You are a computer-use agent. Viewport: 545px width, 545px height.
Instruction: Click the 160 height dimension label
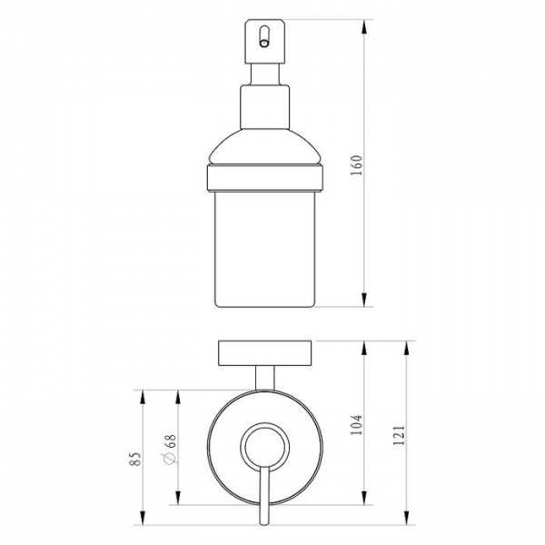click(x=357, y=165)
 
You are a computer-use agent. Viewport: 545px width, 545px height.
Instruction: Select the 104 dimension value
click(x=357, y=425)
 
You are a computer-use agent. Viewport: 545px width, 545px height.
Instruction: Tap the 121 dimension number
click(x=399, y=435)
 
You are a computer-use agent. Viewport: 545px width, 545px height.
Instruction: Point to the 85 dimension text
click(x=135, y=459)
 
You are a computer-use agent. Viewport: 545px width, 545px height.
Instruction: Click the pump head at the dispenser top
click(x=265, y=42)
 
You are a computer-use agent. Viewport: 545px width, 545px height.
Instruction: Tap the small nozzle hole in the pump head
click(x=264, y=44)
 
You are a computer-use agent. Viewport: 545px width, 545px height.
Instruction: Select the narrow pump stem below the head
click(x=265, y=74)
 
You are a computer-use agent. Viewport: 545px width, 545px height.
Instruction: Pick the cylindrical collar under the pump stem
click(x=265, y=107)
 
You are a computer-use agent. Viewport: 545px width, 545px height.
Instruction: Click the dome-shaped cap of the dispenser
click(x=265, y=146)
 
